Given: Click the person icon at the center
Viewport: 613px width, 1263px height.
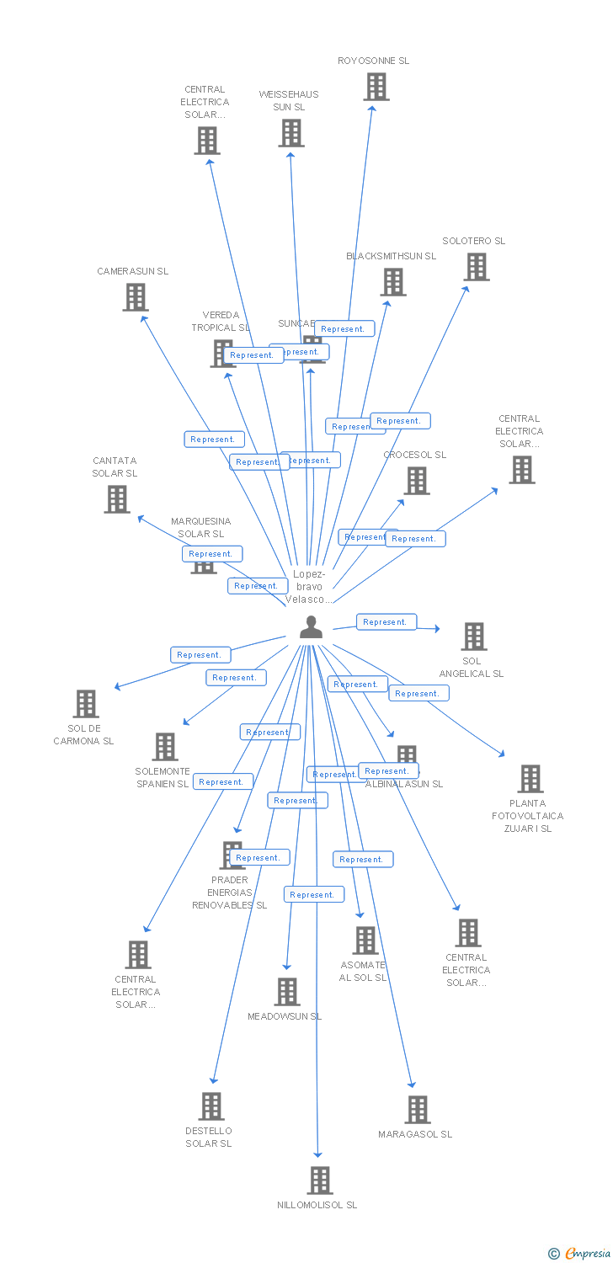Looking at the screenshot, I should [x=312, y=627].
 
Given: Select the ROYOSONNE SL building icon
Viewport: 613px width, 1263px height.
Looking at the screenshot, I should [x=376, y=87].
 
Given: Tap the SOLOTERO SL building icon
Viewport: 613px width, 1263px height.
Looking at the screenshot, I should [x=477, y=267].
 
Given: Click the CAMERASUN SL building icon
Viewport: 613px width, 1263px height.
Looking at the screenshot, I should [x=136, y=297].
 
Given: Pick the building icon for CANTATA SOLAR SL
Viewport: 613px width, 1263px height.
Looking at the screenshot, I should [x=117, y=499].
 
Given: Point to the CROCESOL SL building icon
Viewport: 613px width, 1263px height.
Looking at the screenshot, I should [x=417, y=481].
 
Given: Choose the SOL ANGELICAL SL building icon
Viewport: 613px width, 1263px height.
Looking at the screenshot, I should [x=474, y=637].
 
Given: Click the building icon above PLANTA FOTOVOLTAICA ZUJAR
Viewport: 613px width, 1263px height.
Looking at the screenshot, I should [x=530, y=779].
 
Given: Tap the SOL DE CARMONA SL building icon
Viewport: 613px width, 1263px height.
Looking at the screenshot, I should [x=86, y=704].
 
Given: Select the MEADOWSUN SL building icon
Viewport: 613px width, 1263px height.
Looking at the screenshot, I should [x=287, y=992].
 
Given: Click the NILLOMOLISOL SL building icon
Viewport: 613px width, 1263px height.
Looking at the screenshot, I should [x=320, y=1180].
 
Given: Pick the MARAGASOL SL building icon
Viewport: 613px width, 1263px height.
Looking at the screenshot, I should [x=418, y=1110].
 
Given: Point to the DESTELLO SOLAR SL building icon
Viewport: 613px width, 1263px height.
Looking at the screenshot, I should [x=211, y=1106].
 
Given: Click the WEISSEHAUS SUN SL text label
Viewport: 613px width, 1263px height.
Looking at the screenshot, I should [x=289, y=101].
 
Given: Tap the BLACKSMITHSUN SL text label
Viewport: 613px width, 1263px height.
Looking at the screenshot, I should [x=392, y=256].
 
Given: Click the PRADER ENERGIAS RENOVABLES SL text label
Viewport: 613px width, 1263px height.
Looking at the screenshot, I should [x=230, y=893].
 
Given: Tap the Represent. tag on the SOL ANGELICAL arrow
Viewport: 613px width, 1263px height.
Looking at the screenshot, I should [x=386, y=622].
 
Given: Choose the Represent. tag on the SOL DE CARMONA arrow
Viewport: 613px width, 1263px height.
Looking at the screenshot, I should [x=200, y=655].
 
